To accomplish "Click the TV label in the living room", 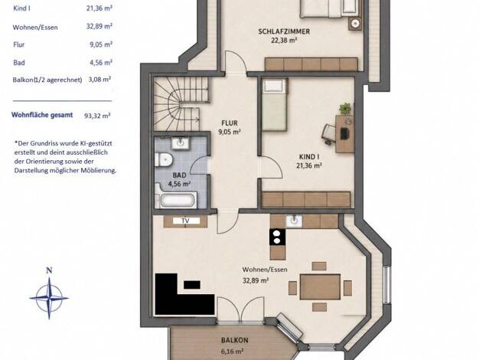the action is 185,221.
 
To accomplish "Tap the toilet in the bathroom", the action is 163,159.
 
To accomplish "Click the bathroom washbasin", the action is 181,143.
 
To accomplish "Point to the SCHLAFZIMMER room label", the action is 284,31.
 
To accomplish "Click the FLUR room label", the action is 230,123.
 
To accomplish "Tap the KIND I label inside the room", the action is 309,157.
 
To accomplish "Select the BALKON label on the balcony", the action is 235,340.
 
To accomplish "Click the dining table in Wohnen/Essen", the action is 320,286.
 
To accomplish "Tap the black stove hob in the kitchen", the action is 278,237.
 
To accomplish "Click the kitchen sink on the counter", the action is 294,221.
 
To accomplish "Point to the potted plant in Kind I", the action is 345,108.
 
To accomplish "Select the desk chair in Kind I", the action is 328,134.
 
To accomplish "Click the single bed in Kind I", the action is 275,105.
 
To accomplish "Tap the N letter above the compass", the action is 49,270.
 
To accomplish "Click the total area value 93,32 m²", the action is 97,116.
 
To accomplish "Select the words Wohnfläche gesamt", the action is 42,116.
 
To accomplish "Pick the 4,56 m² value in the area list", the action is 99,63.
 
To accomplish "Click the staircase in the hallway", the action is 181,104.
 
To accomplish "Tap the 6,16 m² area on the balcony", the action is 232,352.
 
